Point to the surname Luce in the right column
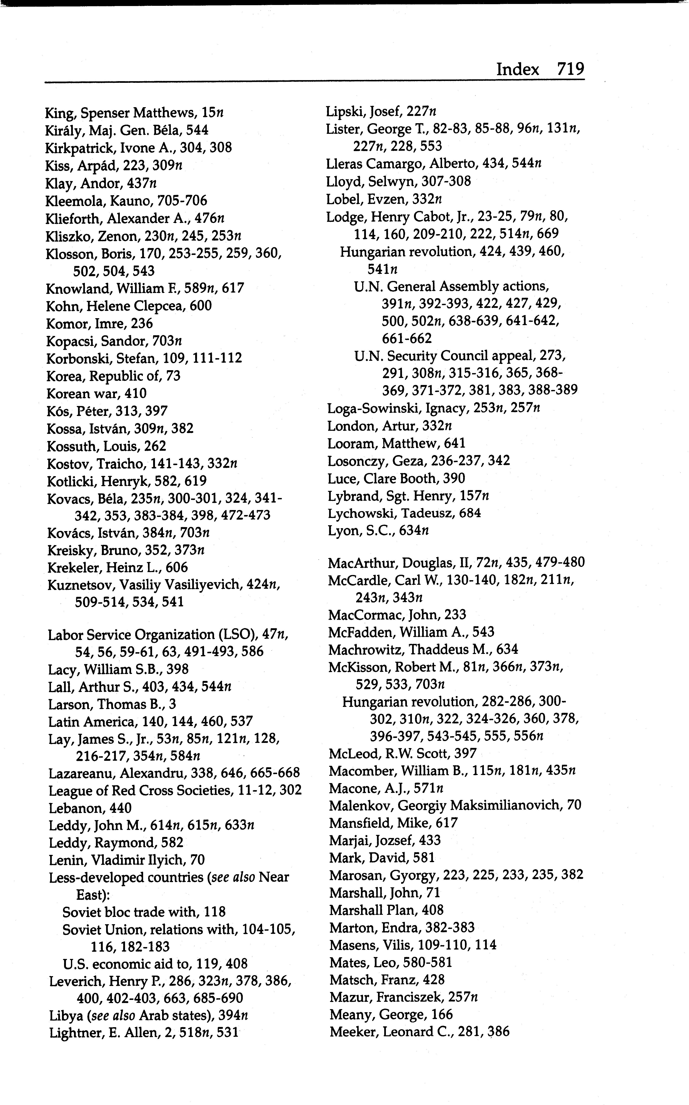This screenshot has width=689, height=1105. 339,479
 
